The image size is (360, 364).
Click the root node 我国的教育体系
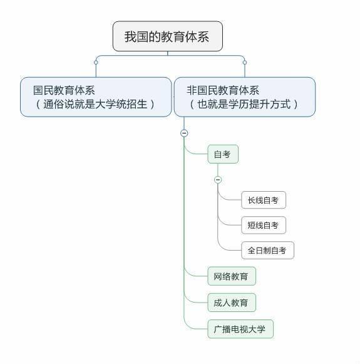point(167,36)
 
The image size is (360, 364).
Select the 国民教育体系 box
point(96,96)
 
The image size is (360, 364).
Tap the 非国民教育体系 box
point(244,96)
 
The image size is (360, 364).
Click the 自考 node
point(222,154)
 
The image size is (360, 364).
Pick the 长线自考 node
point(263,200)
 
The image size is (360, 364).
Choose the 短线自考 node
point(263,225)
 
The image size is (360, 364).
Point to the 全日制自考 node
point(267,250)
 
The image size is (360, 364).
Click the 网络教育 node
point(231,276)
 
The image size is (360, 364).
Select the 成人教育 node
point(231,303)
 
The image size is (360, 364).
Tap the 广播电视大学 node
point(240,329)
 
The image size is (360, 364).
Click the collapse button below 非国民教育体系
point(184,133)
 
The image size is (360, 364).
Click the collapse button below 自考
point(218,180)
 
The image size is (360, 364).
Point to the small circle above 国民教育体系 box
point(96,62)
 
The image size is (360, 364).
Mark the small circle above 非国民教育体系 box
point(244,62)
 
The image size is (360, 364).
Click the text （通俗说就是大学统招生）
point(96,104)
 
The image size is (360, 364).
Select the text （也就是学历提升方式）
point(244,104)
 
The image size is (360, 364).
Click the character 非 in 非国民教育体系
point(191,90)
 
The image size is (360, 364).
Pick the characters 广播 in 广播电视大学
point(222,329)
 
